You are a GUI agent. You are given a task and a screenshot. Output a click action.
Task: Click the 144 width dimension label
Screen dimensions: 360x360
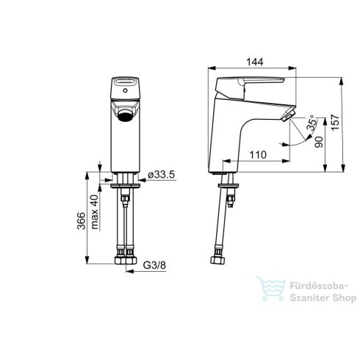(255, 62)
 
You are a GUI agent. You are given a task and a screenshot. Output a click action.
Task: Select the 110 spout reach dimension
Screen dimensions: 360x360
(258, 154)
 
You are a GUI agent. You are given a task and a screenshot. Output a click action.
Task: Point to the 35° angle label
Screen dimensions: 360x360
(312, 123)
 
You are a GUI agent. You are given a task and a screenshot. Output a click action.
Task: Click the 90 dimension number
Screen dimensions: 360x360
(319, 142)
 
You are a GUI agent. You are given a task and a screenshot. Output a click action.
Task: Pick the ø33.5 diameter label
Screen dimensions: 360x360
(162, 175)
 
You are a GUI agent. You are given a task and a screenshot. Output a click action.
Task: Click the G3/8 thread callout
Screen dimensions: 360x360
(154, 265)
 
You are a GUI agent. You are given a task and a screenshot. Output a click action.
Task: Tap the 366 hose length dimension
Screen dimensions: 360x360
(82, 220)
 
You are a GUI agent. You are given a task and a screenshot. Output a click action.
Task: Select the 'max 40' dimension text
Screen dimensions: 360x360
(95, 212)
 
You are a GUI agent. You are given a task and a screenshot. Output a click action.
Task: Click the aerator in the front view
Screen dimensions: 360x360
(125, 115)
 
